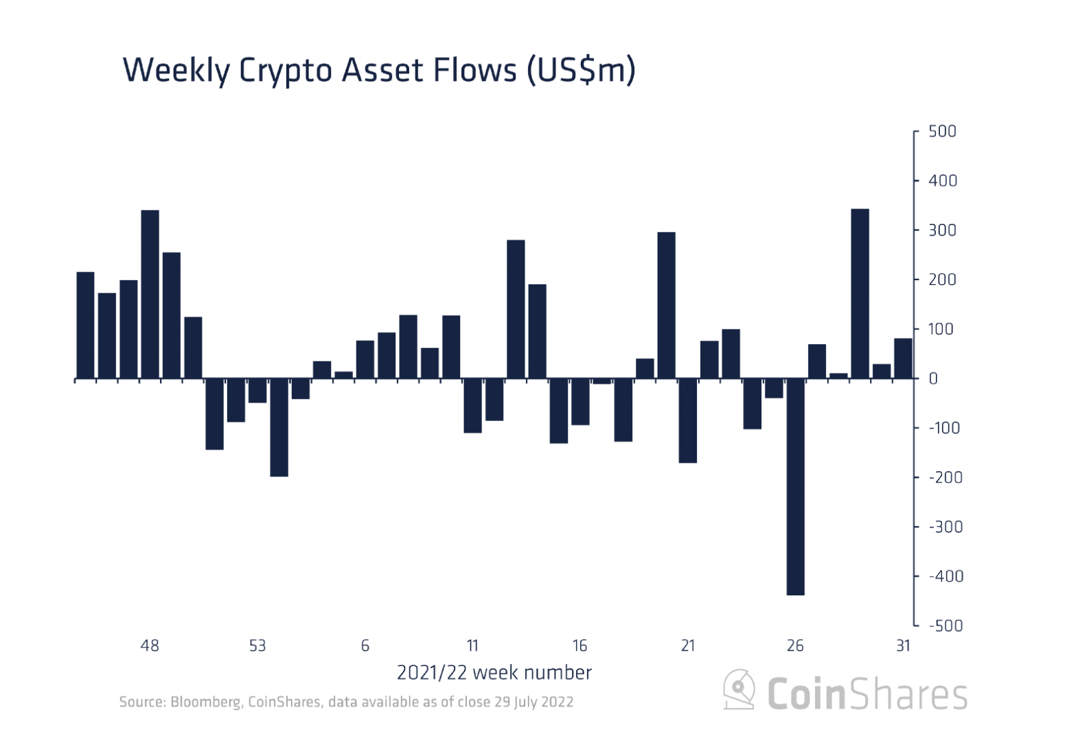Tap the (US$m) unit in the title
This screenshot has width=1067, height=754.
click(580, 71)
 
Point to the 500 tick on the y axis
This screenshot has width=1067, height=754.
click(941, 131)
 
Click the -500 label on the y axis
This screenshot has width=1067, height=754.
click(945, 626)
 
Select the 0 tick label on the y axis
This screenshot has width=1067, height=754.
click(932, 378)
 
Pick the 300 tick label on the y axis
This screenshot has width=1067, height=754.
click(941, 230)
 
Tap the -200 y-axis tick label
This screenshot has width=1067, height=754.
click(945, 477)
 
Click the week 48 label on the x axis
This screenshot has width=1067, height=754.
click(150, 646)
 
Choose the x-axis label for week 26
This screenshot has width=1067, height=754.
click(795, 646)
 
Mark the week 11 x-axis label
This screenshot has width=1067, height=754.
click(472, 646)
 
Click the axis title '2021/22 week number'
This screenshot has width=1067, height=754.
click(494, 672)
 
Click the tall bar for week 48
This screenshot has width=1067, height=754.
click(150, 294)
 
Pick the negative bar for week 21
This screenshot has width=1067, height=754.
click(687, 420)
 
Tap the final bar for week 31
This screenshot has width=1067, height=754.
click(903, 358)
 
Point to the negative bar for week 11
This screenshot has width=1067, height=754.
click(472, 405)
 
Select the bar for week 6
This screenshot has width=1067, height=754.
click(365, 359)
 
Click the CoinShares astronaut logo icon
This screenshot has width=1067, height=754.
click(739, 689)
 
